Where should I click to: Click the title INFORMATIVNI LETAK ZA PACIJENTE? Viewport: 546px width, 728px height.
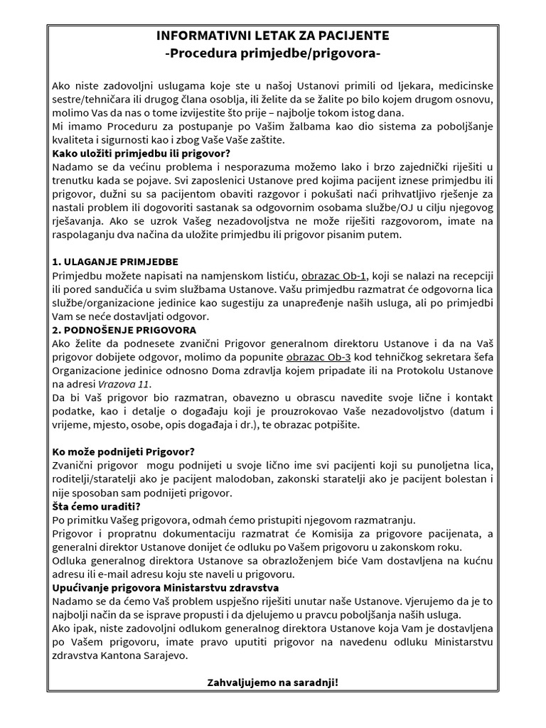[x=272, y=36]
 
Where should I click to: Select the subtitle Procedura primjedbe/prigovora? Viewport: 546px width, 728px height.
[x=272, y=53]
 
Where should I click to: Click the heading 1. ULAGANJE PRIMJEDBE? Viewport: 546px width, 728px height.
[x=115, y=262]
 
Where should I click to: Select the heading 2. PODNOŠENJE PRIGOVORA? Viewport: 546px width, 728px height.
[x=125, y=330]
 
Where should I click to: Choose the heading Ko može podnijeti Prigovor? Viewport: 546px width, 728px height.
[x=124, y=452]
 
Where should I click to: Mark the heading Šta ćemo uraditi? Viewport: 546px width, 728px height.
[x=96, y=506]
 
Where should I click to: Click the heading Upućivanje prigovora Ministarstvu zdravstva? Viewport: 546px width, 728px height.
[x=166, y=587]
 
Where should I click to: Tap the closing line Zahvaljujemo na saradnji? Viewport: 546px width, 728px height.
[x=272, y=682]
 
